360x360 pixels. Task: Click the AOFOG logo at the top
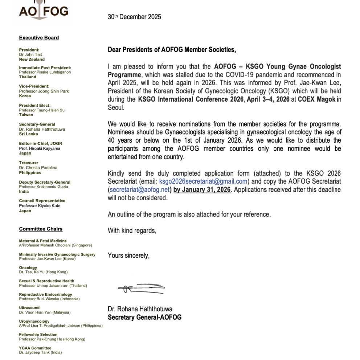[x=43, y=12]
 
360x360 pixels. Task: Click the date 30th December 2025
[x=134, y=17]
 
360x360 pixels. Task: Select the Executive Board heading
[x=39, y=38]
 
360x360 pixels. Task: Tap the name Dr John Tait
[x=30, y=55]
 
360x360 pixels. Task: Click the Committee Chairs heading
[x=41, y=229]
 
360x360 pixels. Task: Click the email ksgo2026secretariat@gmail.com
[x=203, y=181]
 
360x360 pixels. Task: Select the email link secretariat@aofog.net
[x=140, y=189]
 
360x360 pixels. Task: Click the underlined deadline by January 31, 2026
[x=202, y=189]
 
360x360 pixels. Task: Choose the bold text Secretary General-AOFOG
[x=144, y=317]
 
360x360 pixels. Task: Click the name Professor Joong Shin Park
[x=44, y=91]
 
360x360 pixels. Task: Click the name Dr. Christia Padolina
[x=38, y=168]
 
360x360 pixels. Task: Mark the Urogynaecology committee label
[x=34, y=321]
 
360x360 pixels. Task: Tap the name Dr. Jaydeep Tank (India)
[x=40, y=352]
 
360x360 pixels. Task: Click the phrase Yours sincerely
[x=128, y=255]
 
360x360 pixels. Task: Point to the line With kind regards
[x=132, y=230]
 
